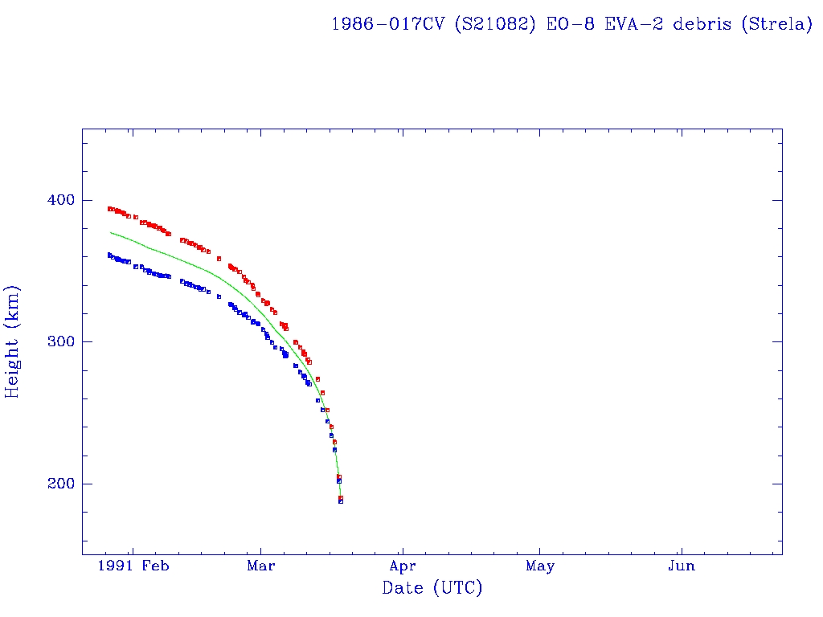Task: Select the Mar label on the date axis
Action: pos(261,566)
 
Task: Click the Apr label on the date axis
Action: pos(403,566)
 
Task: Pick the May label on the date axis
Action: pos(540,566)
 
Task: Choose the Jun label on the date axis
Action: pos(682,566)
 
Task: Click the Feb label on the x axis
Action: pos(155,566)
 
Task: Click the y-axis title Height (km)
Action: pos(13,341)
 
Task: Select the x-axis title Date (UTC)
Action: pos(432,589)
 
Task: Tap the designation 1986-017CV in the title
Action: pos(387,24)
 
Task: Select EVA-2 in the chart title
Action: pos(638,24)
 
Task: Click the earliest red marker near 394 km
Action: pos(109,209)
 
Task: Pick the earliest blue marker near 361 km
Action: pos(109,255)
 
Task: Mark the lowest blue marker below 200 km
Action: pos(341,501)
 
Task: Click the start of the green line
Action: pos(110,232)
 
